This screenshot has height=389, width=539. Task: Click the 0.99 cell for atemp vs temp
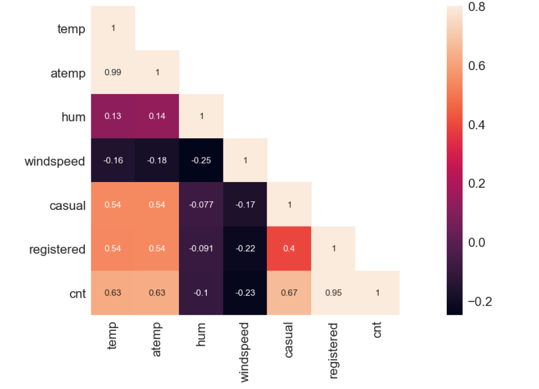(x=113, y=72)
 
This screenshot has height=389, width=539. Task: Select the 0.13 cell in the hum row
(x=113, y=116)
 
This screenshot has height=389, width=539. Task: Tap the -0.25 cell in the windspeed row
(x=201, y=160)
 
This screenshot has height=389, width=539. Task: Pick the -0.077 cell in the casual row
(x=201, y=204)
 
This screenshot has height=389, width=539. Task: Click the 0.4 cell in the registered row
(x=289, y=248)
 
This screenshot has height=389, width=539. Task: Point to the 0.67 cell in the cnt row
(x=289, y=293)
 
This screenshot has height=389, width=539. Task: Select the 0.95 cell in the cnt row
(x=333, y=293)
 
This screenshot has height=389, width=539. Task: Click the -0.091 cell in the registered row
(x=201, y=248)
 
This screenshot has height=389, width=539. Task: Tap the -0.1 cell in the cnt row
(x=201, y=293)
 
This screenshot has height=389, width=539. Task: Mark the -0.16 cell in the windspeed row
(x=113, y=160)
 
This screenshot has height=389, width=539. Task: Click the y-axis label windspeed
(x=55, y=161)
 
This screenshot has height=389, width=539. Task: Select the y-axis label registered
(x=57, y=249)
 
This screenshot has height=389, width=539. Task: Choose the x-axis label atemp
(x=157, y=340)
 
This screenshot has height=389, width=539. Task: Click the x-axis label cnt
(x=377, y=330)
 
